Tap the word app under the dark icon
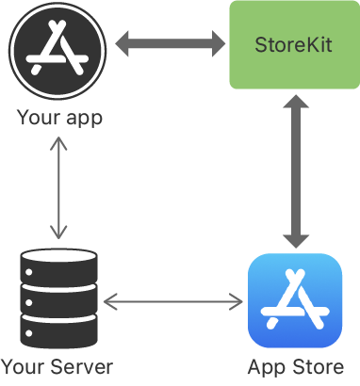[x=83, y=120]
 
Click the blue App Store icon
[x=294, y=300]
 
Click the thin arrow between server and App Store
[x=172, y=301]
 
